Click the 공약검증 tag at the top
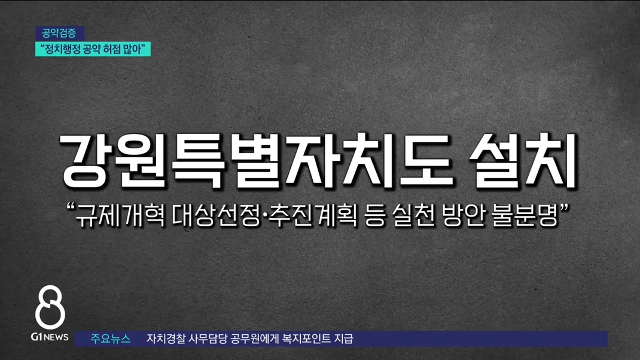60,33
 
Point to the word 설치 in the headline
524,161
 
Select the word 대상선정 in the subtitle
216,215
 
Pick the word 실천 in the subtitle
413,215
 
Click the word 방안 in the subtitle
464,215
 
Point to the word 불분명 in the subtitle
525,215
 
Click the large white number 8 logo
50,307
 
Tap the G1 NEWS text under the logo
50,337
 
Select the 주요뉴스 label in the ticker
110,339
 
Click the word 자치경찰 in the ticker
166,339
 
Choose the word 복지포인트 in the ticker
306,339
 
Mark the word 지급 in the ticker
344,339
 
